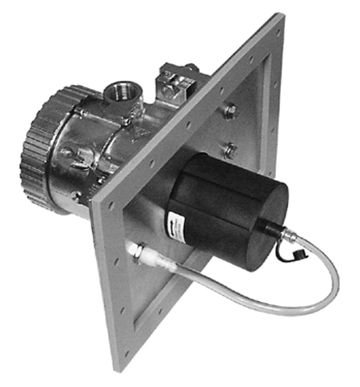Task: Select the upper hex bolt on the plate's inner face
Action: click(232, 111)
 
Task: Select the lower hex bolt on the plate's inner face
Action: click(229, 149)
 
